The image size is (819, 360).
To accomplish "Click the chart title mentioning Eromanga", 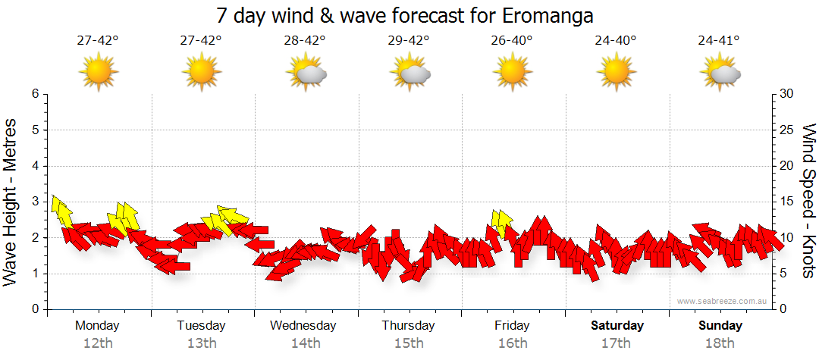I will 405,15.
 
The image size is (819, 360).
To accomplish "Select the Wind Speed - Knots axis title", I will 808,201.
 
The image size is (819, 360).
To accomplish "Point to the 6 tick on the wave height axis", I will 34,94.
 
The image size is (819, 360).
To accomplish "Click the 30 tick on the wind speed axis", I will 787,94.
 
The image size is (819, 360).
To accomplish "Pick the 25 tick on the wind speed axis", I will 787,130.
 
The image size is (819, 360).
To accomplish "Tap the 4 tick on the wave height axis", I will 34,166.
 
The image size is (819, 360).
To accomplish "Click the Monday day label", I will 97,326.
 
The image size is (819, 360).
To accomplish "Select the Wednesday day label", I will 303,326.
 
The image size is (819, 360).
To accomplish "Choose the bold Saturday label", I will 617,326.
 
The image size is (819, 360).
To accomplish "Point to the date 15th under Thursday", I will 409,343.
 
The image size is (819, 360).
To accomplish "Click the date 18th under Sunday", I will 720,343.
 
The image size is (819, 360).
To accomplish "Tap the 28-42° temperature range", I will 305,41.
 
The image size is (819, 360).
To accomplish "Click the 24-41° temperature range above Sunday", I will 720,41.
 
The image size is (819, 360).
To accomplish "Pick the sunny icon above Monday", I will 98,72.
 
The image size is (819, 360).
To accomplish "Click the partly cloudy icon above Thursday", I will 410,73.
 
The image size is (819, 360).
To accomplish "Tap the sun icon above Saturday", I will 617,72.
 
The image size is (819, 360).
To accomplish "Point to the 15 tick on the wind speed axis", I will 787,202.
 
